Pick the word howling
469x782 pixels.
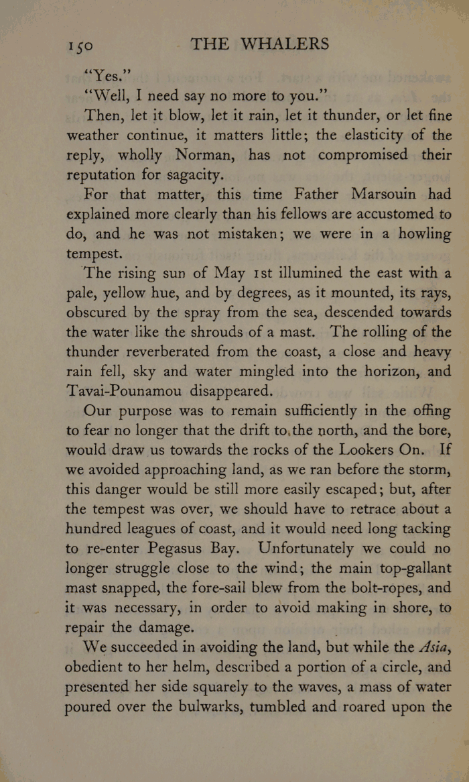(419, 234)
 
